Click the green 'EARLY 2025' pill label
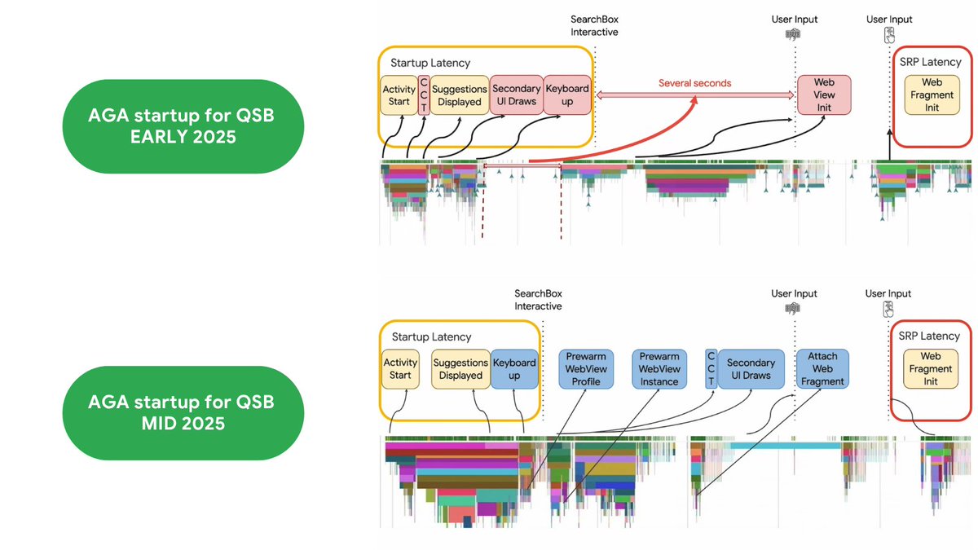[x=183, y=126]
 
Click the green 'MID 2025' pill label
[x=183, y=412]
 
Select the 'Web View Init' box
[x=824, y=95]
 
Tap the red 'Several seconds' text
[x=694, y=83]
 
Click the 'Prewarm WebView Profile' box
[x=586, y=369]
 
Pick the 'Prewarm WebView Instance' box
[x=659, y=369]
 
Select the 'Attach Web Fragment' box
[x=822, y=369]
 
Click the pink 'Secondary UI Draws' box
[x=517, y=95]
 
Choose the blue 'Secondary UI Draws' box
[x=751, y=369]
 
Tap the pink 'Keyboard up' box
[x=567, y=95]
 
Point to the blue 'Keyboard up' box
[x=514, y=369]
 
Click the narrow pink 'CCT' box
[x=424, y=95]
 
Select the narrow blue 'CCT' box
[x=711, y=369]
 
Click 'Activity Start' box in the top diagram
[x=399, y=95]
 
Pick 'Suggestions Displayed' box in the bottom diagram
[x=460, y=369]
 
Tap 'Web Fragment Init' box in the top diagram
[x=932, y=95]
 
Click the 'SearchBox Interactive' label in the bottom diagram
[x=538, y=300]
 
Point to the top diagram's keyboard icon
[x=793, y=34]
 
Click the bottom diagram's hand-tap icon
[x=888, y=310]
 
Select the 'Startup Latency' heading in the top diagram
[x=430, y=63]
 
